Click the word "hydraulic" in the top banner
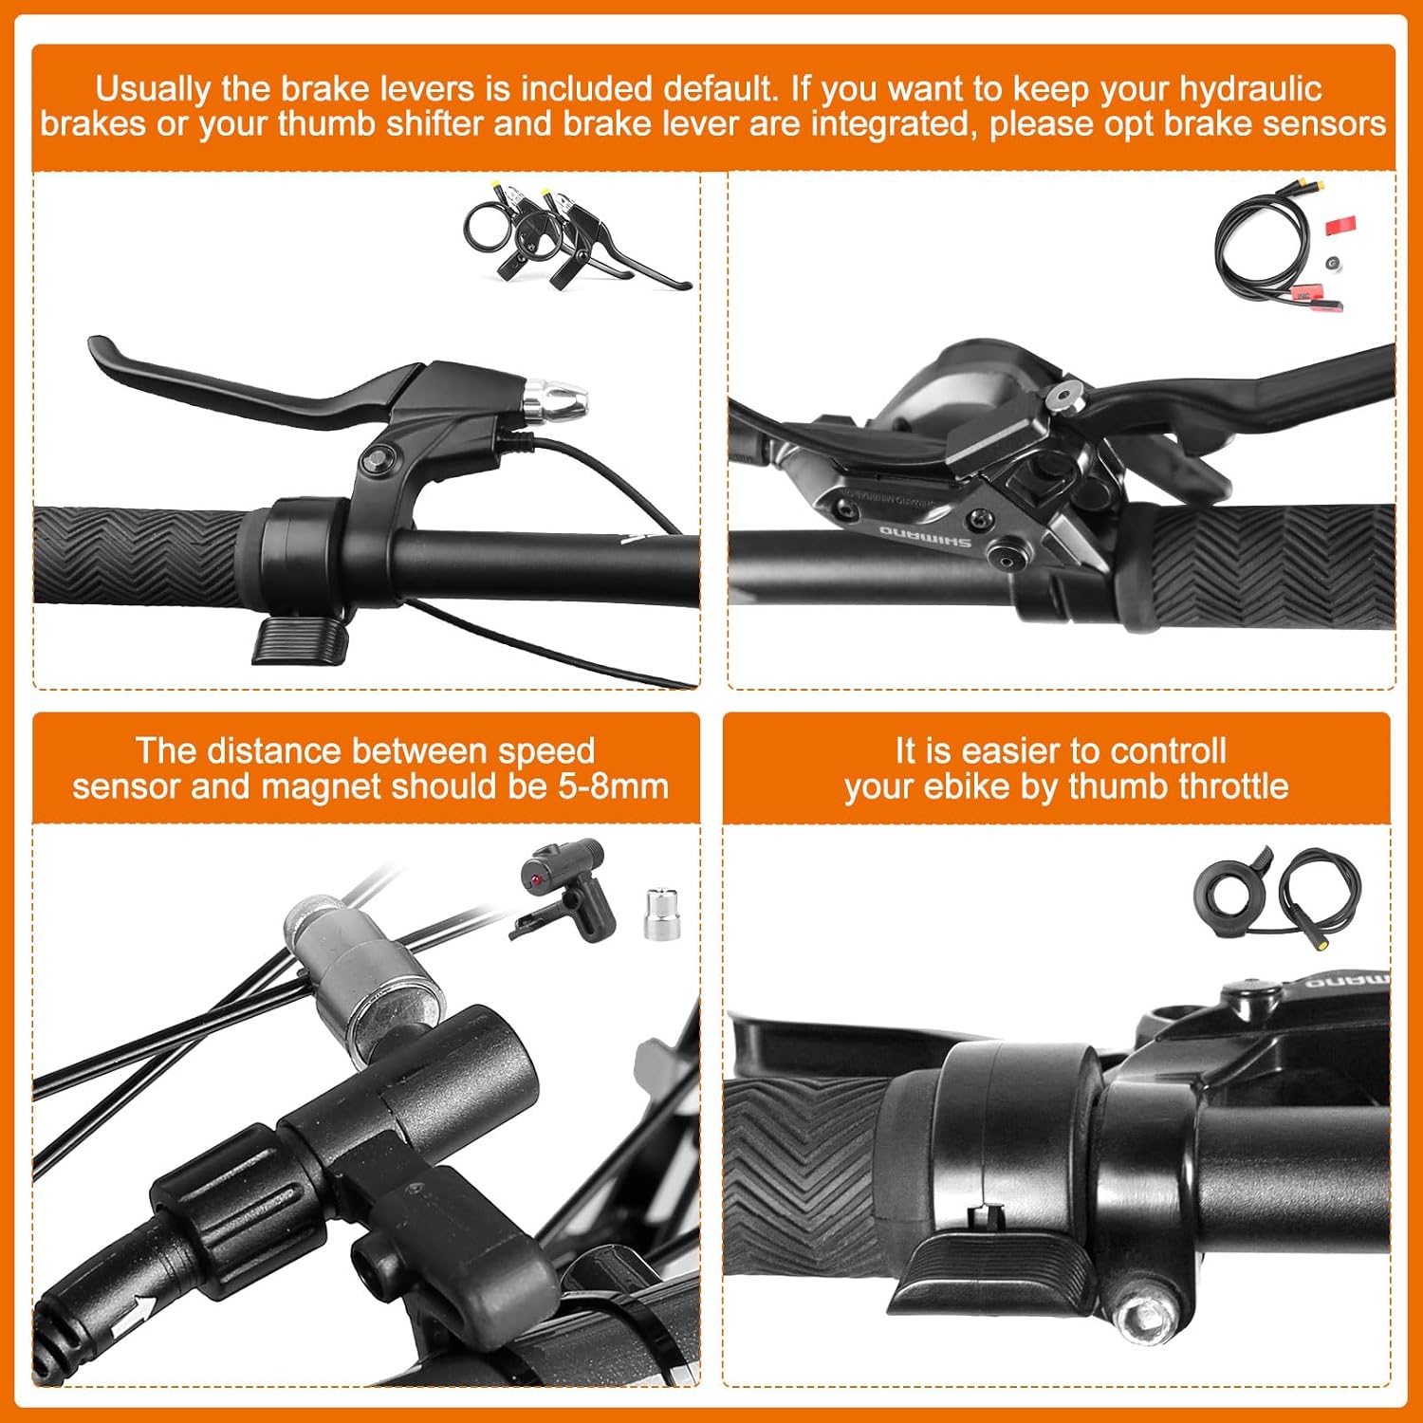tap(1250, 89)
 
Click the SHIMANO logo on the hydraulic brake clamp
tap(925, 537)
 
